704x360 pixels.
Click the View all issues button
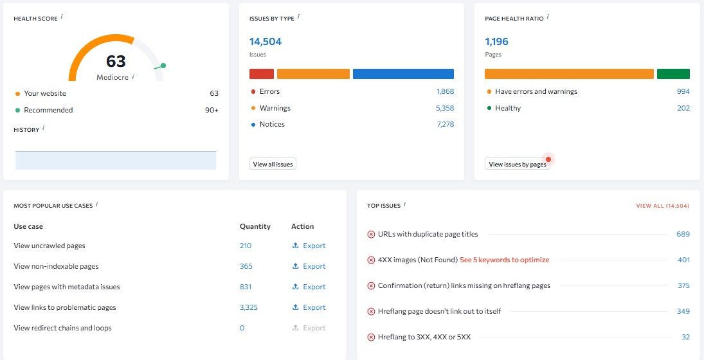273,165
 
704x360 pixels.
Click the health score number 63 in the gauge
116,62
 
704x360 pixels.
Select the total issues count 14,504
266,42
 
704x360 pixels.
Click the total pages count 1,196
496,42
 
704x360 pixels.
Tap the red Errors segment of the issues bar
262,74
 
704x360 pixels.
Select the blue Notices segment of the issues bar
403,74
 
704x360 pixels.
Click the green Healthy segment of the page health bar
673,74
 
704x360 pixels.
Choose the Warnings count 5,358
445,108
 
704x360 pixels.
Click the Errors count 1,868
445,91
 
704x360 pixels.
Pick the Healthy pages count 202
683,108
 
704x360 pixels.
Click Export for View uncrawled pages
309,246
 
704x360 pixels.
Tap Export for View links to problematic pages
309,307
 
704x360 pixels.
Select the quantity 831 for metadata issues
246,287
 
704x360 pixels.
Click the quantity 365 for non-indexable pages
246,266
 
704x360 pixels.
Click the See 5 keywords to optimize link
504,260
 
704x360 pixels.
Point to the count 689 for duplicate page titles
683,234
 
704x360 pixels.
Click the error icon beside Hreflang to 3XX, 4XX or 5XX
371,337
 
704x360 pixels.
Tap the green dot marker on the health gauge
163,66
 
